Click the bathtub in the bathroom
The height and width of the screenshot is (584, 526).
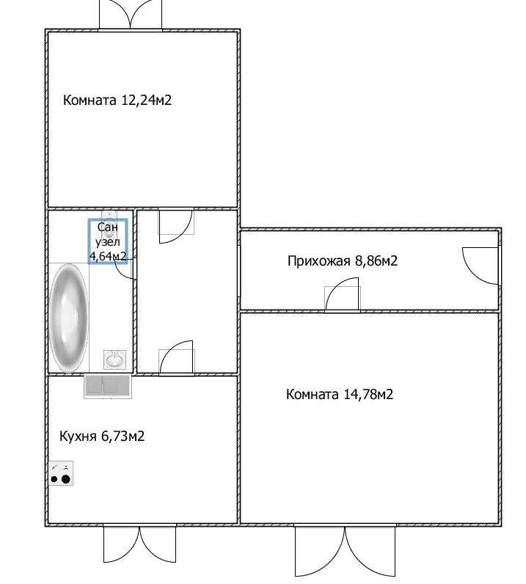click(68, 318)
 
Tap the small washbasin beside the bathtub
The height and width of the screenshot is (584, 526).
click(114, 359)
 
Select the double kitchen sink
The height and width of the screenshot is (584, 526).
click(108, 386)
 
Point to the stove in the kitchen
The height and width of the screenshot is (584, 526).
click(61, 473)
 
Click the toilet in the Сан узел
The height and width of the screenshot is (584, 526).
click(109, 226)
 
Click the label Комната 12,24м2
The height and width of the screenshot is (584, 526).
click(117, 101)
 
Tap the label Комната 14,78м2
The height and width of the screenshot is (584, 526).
click(340, 394)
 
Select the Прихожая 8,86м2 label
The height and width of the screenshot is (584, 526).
click(343, 260)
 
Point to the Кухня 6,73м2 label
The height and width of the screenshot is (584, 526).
click(102, 436)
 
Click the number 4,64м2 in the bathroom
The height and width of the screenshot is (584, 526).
click(108, 256)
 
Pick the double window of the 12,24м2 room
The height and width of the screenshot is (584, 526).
click(131, 15)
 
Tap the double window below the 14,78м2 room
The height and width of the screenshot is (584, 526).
click(345, 550)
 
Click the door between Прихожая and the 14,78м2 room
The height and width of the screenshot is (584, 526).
click(342, 294)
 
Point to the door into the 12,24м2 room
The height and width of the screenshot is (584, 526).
click(176, 225)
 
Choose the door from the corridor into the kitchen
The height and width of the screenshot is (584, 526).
click(177, 357)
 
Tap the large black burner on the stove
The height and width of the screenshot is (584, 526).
click(66, 479)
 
